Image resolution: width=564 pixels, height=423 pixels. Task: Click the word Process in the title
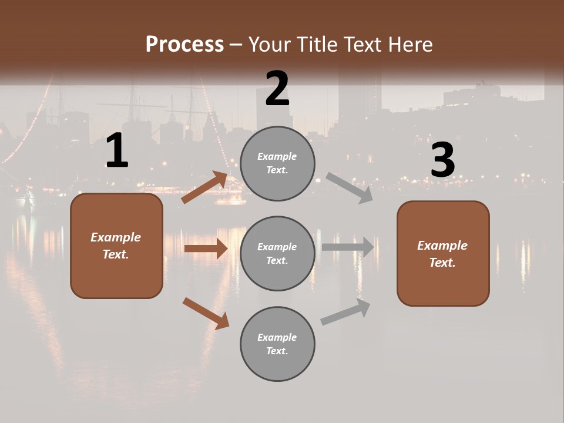(x=184, y=45)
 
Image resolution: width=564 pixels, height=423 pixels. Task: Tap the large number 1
(x=117, y=151)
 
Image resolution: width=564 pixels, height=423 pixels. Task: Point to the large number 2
(x=277, y=89)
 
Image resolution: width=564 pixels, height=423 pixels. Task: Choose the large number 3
(x=442, y=160)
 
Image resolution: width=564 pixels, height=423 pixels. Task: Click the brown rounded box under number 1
(x=116, y=246)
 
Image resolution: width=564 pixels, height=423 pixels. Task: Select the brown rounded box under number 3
(x=443, y=253)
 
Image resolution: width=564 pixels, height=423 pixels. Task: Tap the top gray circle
(x=277, y=163)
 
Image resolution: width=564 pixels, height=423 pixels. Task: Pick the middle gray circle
(x=277, y=253)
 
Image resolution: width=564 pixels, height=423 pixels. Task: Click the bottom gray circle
(x=277, y=344)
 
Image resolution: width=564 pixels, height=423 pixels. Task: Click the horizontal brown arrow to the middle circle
(x=206, y=249)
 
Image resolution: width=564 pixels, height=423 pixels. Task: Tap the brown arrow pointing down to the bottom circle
(x=206, y=313)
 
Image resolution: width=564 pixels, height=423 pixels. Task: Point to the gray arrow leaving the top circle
(x=350, y=187)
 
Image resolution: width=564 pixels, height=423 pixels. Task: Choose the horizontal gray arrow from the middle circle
(x=348, y=247)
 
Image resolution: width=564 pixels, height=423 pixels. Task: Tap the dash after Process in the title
(x=236, y=45)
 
